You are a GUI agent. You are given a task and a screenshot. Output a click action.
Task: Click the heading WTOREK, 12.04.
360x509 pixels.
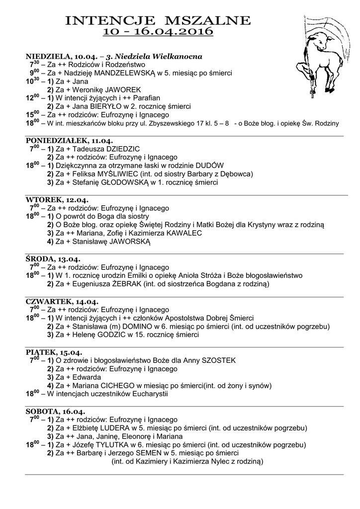coord(57,200)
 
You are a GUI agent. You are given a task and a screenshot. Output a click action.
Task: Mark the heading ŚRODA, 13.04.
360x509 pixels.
coord(53,259)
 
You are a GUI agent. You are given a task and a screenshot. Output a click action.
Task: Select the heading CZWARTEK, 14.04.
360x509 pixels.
coord(62,301)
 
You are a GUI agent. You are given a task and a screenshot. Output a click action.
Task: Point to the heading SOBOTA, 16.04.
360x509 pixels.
coord(55,412)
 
